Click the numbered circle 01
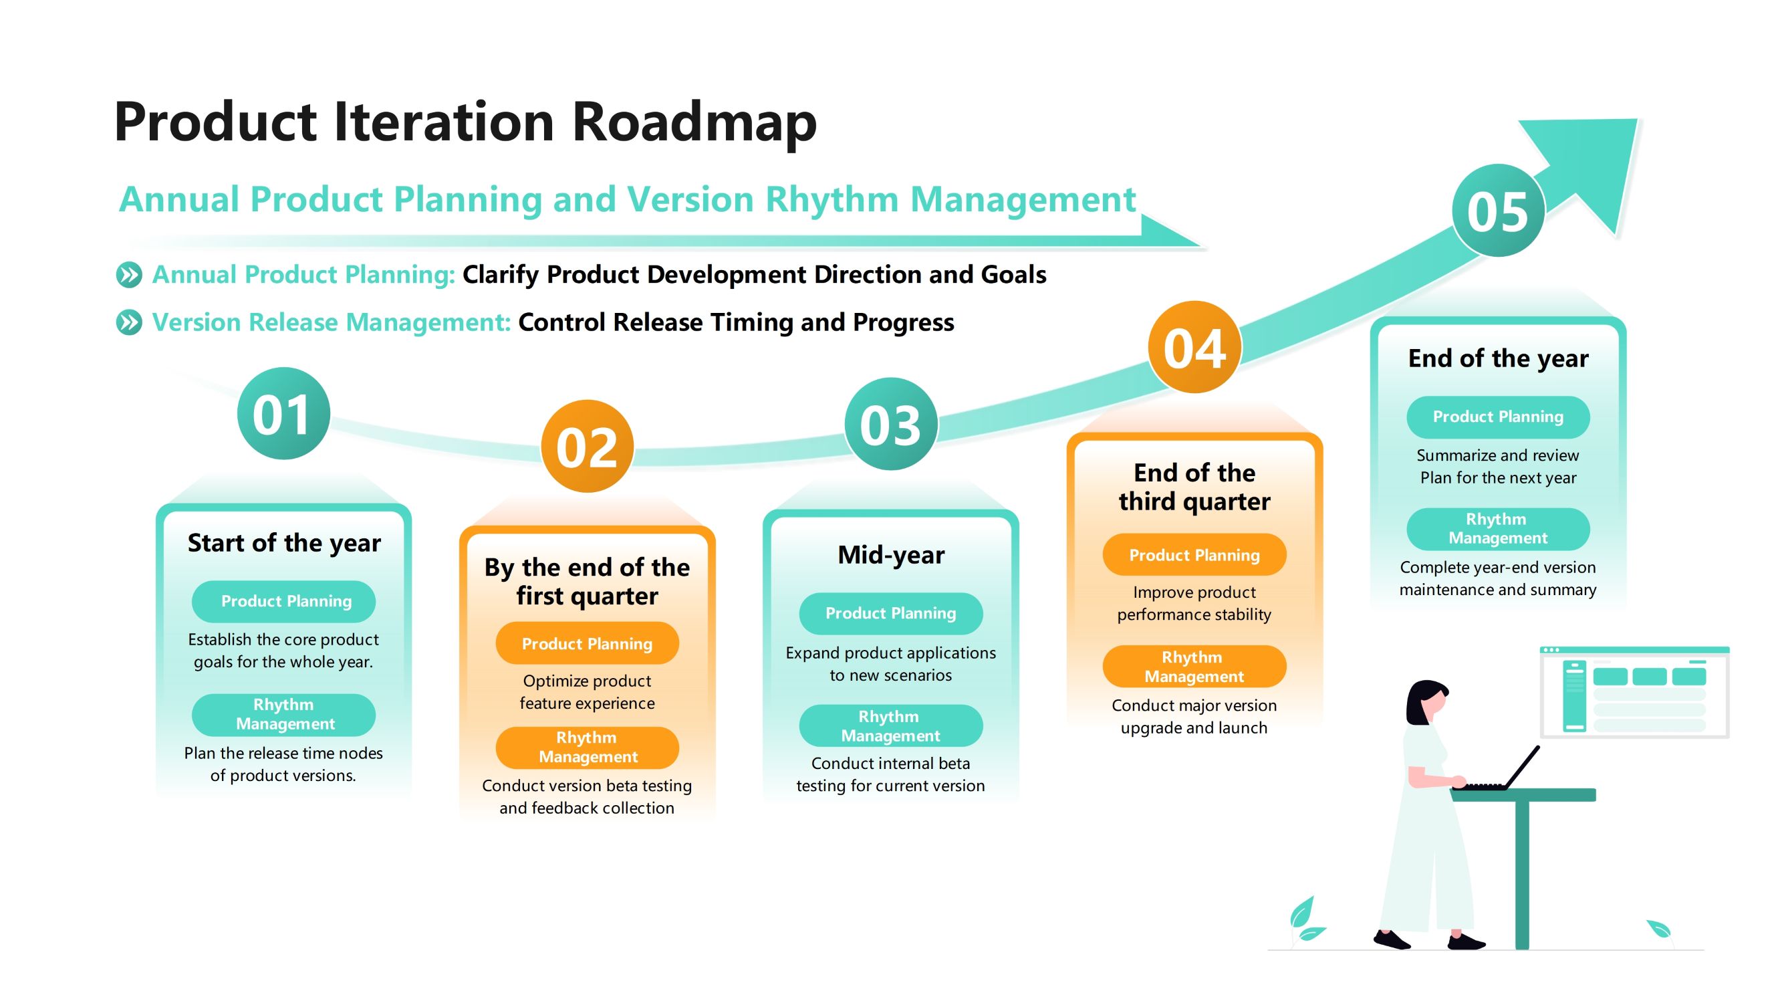283,413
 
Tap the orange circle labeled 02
588,446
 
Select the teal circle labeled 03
890,424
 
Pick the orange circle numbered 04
1194,347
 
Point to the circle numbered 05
1498,211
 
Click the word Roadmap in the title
694,122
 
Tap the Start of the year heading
284,543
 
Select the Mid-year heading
890,555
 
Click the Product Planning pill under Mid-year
890,613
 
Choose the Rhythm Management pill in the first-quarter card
588,748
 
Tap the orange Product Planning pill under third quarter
1194,555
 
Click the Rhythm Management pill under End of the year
1498,528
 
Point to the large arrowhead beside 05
1586,170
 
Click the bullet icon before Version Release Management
129,322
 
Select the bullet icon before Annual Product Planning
129,275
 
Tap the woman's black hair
1424,699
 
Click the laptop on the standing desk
1499,770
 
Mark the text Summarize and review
1498,455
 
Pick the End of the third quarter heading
1194,487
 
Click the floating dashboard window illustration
1634,692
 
